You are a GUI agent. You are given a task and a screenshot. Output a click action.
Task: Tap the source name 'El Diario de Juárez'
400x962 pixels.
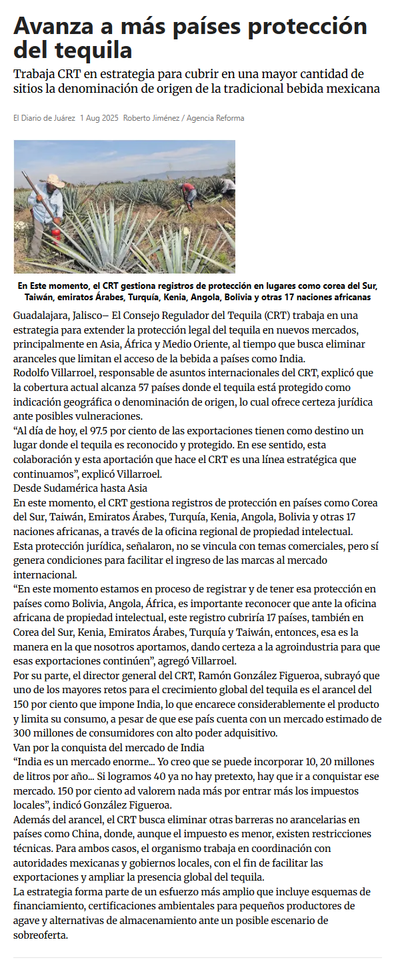pos(44,118)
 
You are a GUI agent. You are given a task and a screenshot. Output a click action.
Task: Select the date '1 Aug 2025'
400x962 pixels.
pos(99,118)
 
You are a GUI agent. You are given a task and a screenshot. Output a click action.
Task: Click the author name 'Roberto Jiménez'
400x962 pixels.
pos(151,118)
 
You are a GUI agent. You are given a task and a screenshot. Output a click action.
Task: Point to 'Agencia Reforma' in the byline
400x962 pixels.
pos(215,118)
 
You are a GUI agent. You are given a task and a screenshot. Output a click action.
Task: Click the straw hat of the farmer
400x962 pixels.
pos(53,181)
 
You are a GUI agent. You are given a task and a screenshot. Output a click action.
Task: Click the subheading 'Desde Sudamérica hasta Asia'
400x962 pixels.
pos(80,488)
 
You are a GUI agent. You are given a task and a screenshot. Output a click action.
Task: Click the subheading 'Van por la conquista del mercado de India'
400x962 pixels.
pos(109,747)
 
